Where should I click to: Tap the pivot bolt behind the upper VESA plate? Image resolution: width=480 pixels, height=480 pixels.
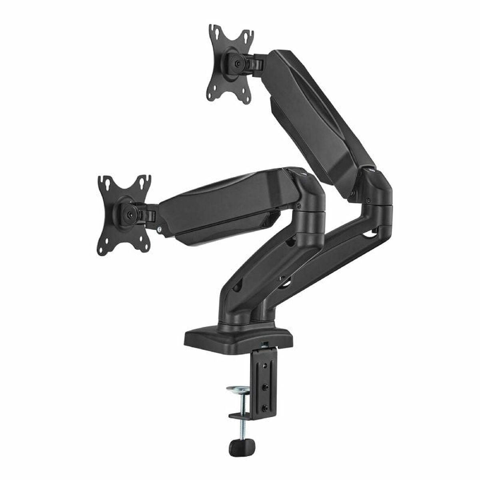239,63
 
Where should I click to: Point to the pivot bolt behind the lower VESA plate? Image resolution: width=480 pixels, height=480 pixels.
130,214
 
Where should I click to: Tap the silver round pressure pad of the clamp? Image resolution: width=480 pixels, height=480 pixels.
237,388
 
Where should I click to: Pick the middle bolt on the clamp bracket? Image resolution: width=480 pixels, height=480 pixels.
264,387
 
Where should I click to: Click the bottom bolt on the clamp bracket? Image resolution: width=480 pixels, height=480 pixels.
264,408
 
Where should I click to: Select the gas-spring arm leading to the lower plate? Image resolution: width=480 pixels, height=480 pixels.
224,208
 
